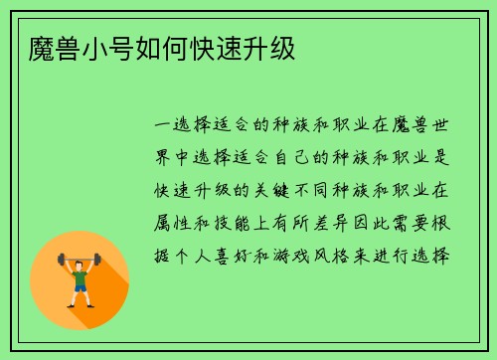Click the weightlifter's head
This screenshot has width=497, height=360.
(81, 262)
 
